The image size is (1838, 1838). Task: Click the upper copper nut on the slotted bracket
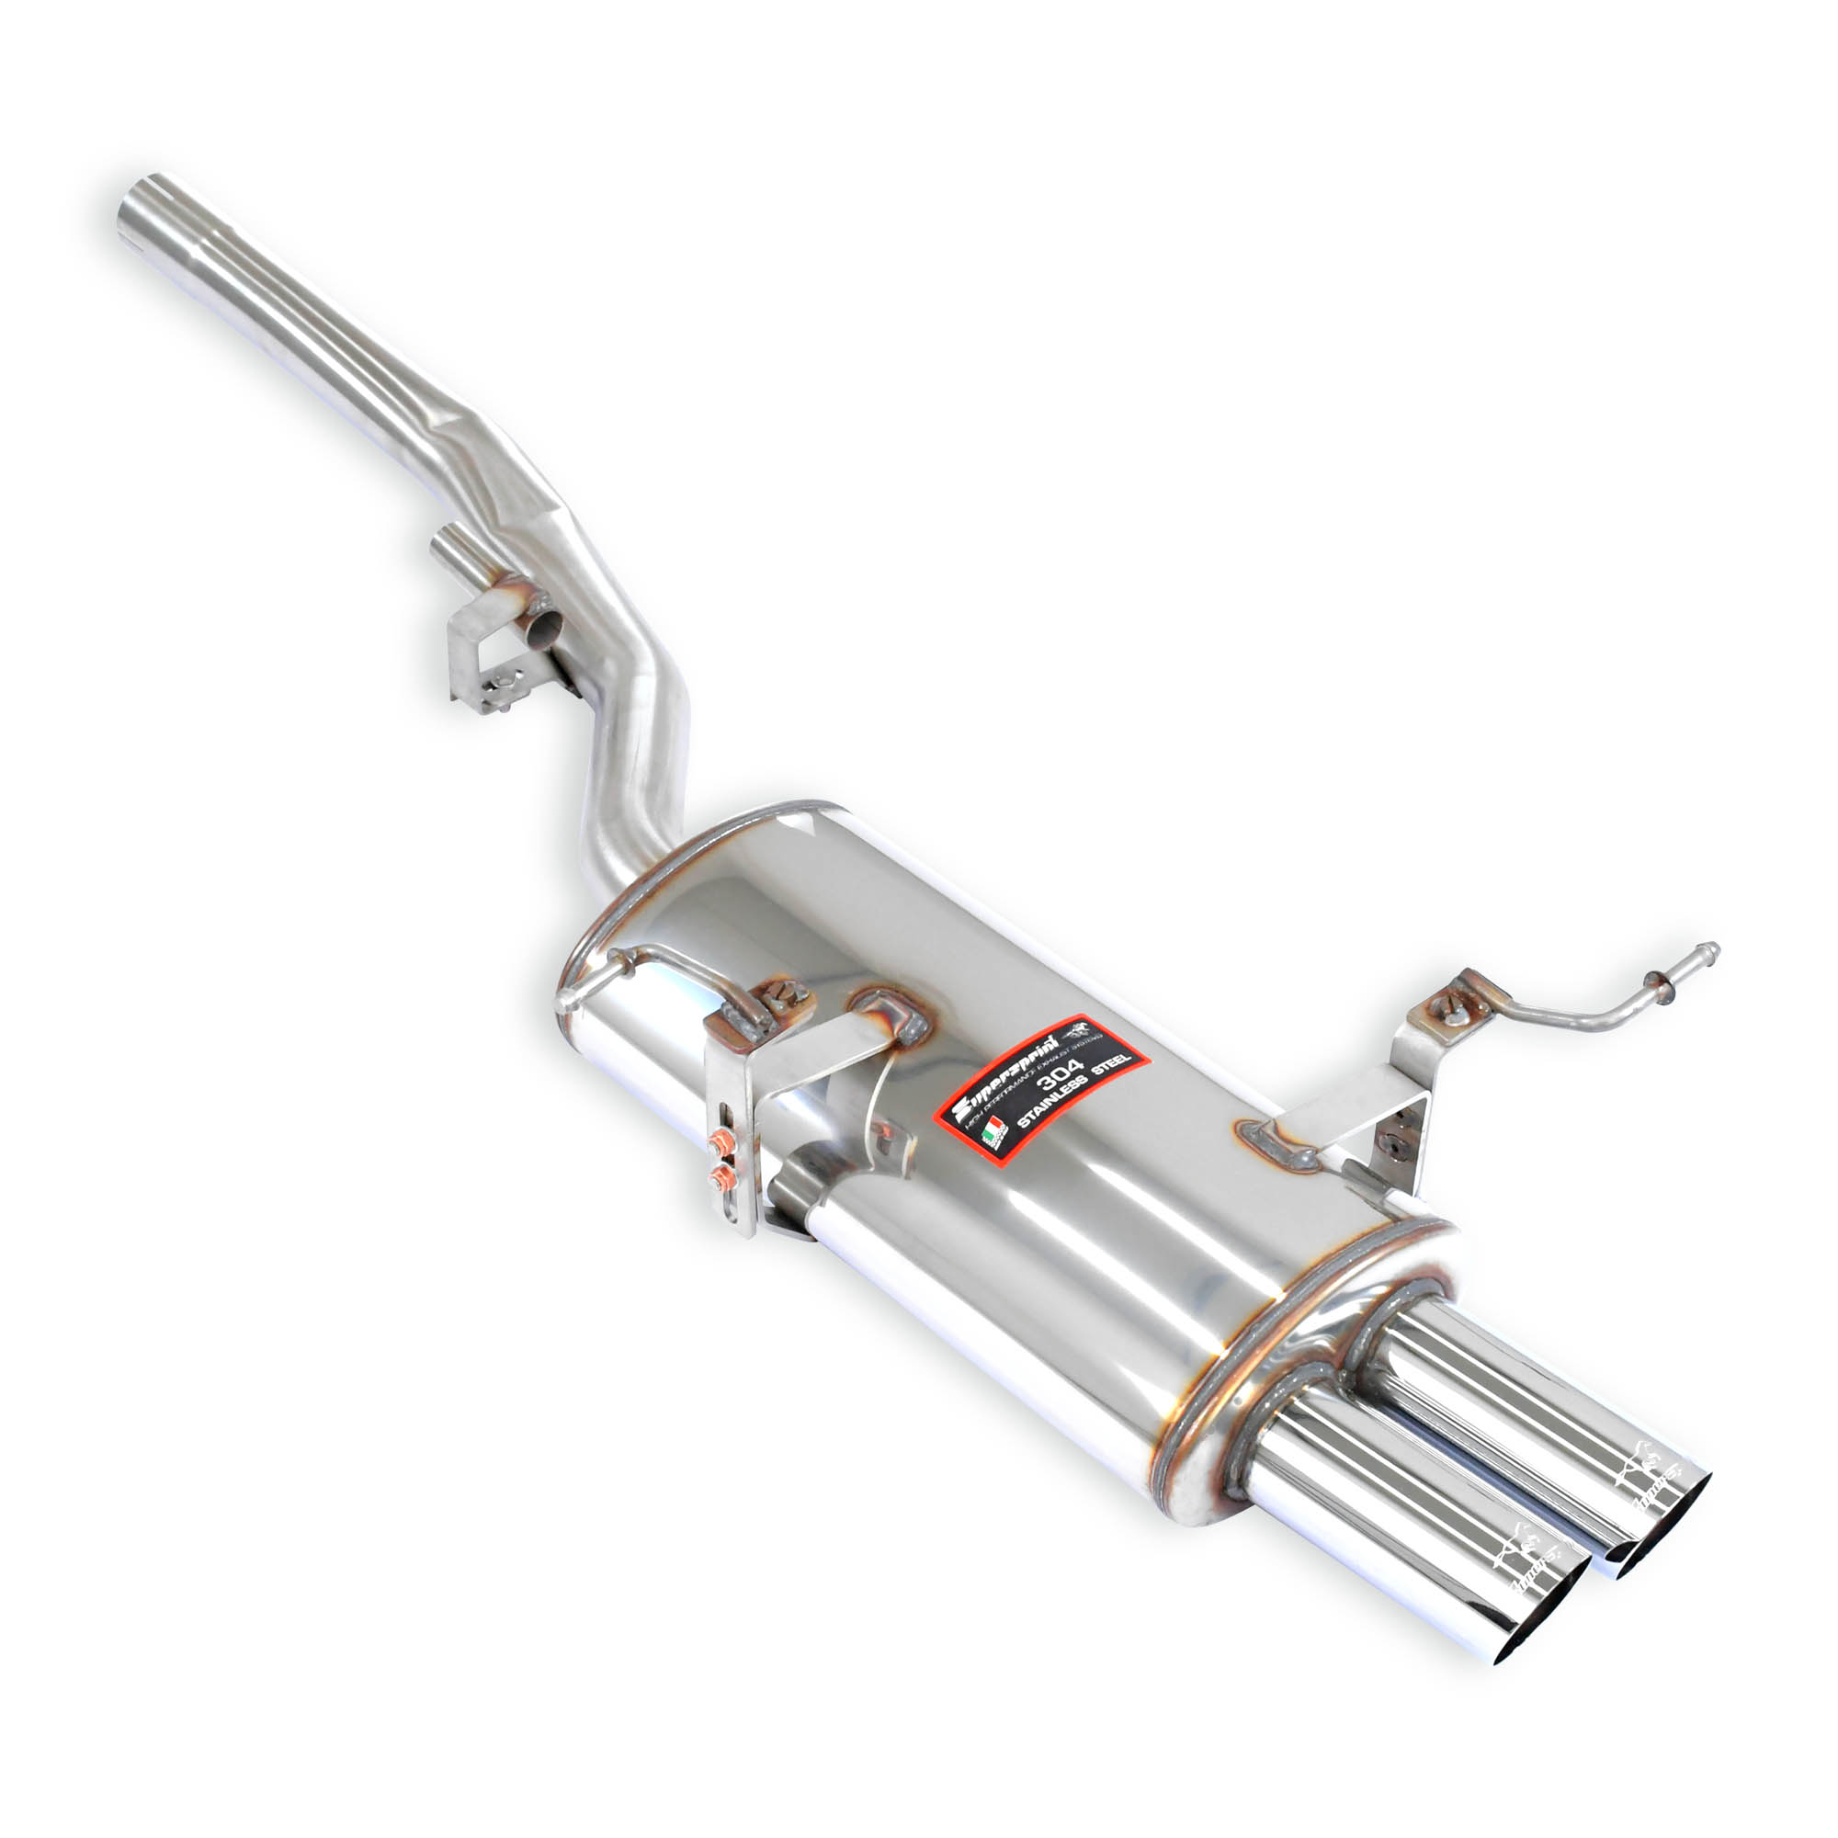click(x=720, y=1142)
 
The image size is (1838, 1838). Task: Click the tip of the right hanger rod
click(x=1711, y=948)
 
